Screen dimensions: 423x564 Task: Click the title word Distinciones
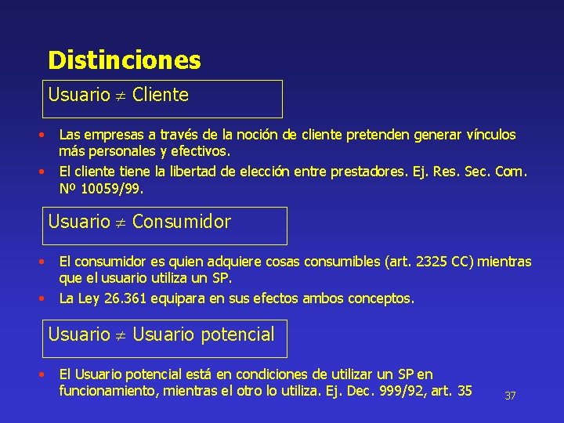(124, 60)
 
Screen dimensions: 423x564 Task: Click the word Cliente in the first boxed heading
(161, 96)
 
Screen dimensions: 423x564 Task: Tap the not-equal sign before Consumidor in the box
(121, 222)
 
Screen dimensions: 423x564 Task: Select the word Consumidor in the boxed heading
(182, 222)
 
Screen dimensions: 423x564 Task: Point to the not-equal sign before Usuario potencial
(121, 335)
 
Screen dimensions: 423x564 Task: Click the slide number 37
(510, 396)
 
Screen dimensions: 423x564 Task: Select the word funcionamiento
(109, 390)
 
